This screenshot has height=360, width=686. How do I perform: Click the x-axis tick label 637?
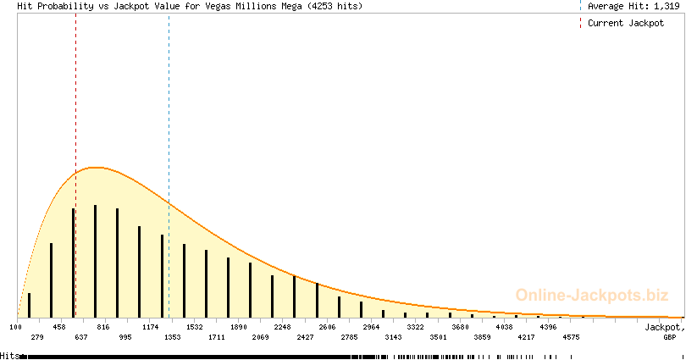(x=81, y=337)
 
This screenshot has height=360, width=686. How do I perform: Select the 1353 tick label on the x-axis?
(x=173, y=337)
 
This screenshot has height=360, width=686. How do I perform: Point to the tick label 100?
(x=15, y=327)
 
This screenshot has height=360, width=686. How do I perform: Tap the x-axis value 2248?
(x=283, y=327)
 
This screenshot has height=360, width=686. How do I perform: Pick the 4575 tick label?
(x=571, y=337)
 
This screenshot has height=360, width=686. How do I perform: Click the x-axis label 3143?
(x=393, y=337)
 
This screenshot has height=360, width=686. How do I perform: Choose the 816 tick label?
(x=103, y=327)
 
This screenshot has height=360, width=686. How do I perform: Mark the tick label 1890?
(x=239, y=327)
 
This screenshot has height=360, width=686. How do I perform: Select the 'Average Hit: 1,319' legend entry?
(x=633, y=6)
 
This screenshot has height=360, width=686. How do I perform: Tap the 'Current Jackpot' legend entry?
(x=626, y=23)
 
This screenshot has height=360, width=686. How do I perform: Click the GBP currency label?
(x=669, y=337)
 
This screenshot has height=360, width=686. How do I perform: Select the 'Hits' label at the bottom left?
(x=9, y=356)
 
